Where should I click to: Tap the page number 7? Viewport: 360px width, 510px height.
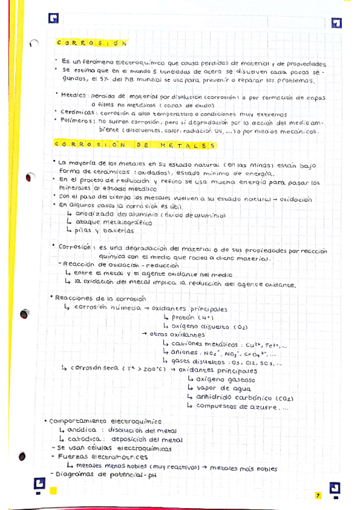[319, 495]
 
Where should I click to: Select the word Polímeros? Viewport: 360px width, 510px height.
[78, 120]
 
